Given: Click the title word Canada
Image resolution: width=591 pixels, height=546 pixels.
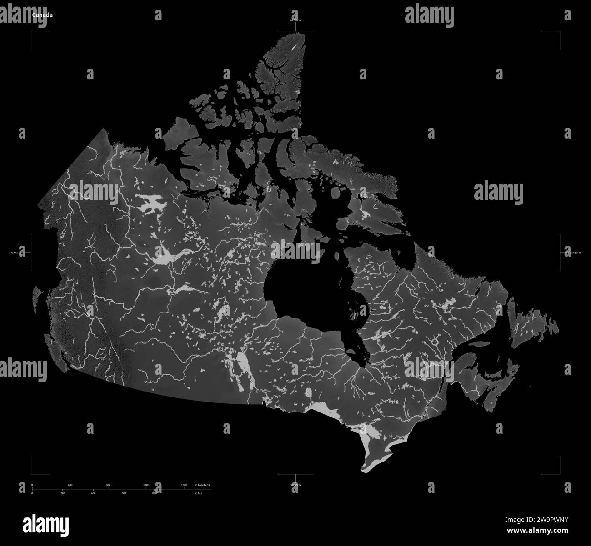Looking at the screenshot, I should [42, 15].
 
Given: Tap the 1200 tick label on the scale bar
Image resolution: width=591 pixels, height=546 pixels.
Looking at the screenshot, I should [146, 485].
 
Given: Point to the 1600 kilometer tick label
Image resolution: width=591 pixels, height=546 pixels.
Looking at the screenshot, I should [184, 485].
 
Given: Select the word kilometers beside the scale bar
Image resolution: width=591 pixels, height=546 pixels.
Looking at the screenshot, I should [202, 485].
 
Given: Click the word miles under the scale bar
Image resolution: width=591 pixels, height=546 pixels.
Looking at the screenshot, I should [198, 493].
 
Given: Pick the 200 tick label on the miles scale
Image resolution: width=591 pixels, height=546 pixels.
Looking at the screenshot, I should [62, 493].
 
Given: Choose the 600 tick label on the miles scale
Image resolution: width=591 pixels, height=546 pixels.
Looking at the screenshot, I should [124, 493].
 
